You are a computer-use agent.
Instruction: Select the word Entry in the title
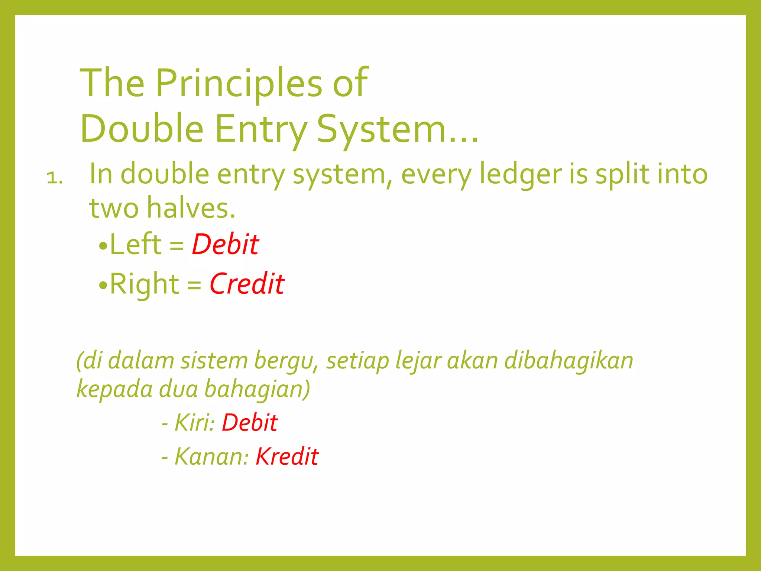tap(260, 129)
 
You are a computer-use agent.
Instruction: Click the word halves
tap(191, 207)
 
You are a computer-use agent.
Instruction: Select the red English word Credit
tap(247, 284)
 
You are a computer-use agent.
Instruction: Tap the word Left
tap(136, 244)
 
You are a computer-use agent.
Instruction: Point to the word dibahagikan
tap(569, 361)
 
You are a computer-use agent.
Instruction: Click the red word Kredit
tap(287, 457)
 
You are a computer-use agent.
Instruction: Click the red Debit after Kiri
tap(249, 423)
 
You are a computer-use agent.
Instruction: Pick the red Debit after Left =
tap(225, 244)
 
